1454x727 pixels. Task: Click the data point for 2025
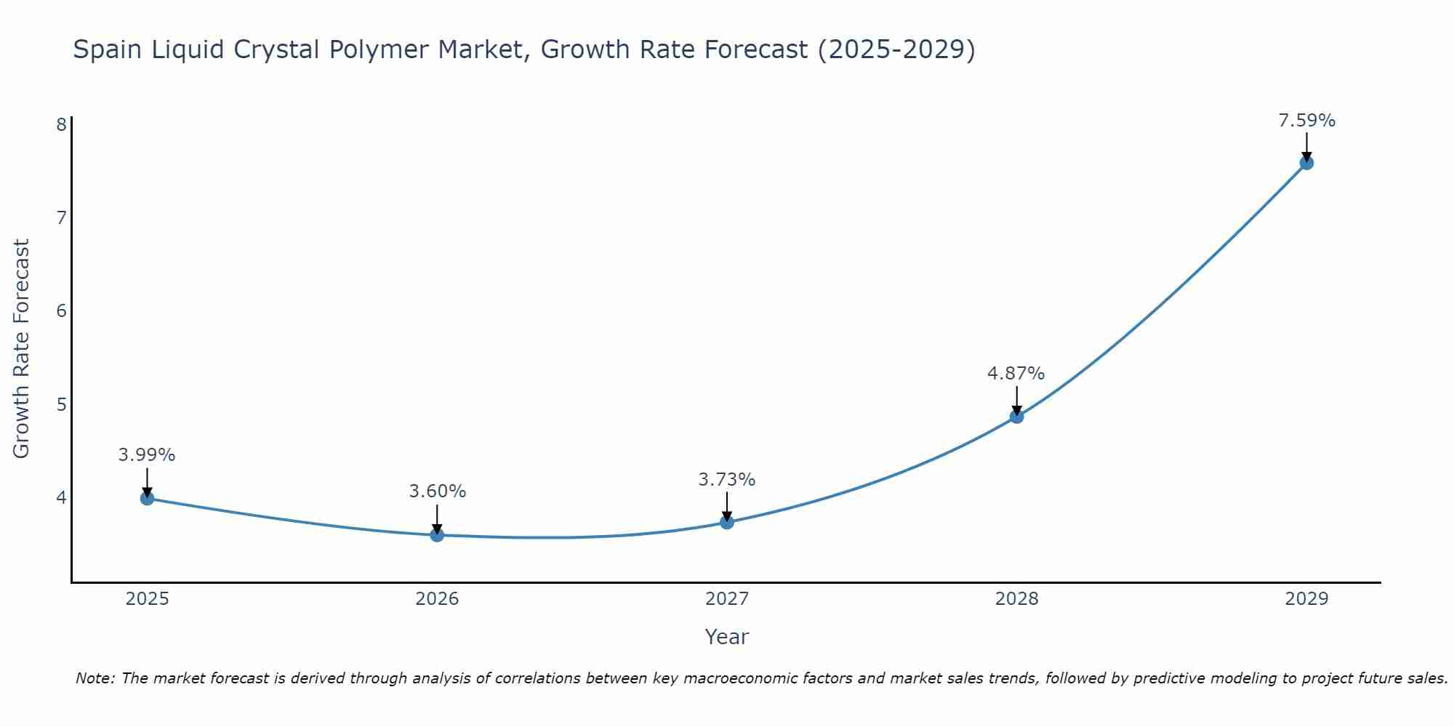[147, 498]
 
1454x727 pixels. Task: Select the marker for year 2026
[437, 535]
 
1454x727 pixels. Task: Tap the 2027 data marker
[727, 522]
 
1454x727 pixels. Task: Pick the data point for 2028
[1016, 417]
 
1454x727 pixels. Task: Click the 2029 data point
[1306, 163]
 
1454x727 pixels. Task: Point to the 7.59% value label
[1306, 121]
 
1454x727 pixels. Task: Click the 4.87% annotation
[1016, 374]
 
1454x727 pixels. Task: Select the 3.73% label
[726, 480]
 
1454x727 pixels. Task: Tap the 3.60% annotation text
[437, 491]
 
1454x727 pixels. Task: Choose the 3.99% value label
[147, 455]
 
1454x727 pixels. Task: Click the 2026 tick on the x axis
[437, 599]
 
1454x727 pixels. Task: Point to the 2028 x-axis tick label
[1016, 599]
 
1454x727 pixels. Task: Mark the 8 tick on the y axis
[61, 124]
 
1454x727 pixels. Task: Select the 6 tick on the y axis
[61, 311]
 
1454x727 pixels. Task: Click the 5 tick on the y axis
[61, 404]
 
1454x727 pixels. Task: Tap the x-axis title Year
[726, 637]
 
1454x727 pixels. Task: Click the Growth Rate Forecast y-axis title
[22, 349]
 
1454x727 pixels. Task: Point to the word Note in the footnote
[95, 678]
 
